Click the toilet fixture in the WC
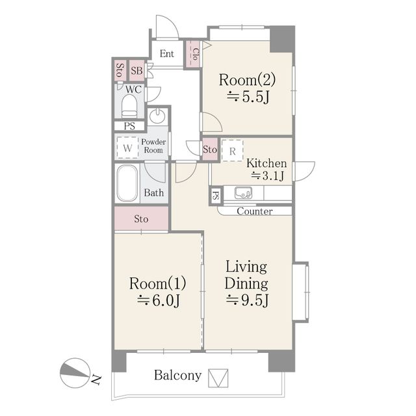(x=129, y=106)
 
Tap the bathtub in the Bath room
(x=127, y=183)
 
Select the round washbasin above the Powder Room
(x=157, y=116)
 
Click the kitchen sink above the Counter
(x=243, y=192)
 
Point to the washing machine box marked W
(x=127, y=148)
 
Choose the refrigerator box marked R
(x=233, y=150)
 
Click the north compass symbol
(x=75, y=373)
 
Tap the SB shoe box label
(x=137, y=71)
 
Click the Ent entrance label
(x=167, y=54)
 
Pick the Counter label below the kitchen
(x=255, y=211)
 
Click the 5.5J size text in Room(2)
(x=248, y=97)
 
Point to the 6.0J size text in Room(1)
(x=159, y=300)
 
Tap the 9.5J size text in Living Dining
(x=248, y=300)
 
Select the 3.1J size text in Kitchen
(x=268, y=175)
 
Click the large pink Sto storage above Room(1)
(x=142, y=218)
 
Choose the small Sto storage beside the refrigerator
(x=210, y=149)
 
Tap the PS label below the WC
(x=129, y=126)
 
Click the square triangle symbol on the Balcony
(x=218, y=378)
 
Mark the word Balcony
(x=177, y=376)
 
